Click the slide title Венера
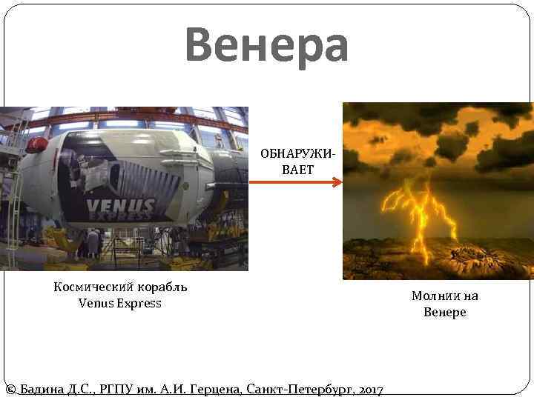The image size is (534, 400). point(267,46)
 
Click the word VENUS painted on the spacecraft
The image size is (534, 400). point(120,205)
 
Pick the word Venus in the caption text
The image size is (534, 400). point(94,303)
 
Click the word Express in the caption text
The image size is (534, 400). point(137,303)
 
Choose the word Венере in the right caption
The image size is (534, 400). point(445,312)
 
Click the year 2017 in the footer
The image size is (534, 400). point(369,390)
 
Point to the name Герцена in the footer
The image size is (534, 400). point(217,390)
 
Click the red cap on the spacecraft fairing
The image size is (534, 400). point(36,144)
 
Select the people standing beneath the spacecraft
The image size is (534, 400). point(93,242)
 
